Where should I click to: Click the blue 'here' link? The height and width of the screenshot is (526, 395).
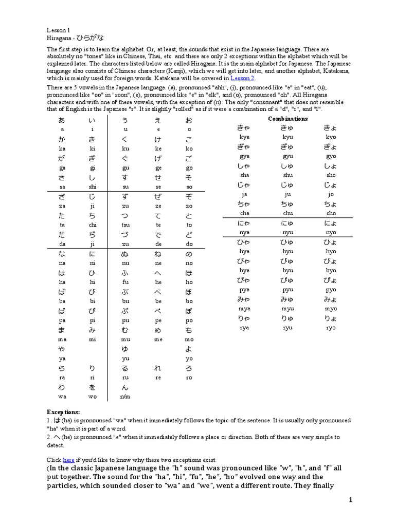tap(68, 460)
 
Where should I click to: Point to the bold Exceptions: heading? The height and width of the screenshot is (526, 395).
tap(64, 412)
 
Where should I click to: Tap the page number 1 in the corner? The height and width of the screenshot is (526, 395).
tap(350, 500)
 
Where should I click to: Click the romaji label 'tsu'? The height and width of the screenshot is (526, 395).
tap(125, 225)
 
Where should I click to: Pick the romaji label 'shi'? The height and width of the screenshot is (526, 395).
tap(93, 187)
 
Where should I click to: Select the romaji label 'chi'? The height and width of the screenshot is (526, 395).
tap(93, 225)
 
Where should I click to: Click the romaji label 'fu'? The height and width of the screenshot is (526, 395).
tap(125, 282)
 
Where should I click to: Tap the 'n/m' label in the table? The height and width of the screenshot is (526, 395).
tap(125, 397)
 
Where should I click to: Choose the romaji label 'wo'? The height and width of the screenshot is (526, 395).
tap(93, 397)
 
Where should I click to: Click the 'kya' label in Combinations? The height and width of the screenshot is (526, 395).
tap(244, 137)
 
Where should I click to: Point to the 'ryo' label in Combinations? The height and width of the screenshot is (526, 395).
tap(331, 328)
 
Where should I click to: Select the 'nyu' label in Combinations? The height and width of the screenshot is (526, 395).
tap(288, 232)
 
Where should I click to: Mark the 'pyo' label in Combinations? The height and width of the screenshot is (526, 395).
tap(331, 290)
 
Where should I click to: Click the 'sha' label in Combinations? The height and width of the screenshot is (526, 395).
tap(244, 175)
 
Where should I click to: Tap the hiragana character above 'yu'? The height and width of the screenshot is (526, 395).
tap(125, 349)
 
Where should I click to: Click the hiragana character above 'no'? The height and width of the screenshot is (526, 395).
tap(189, 254)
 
